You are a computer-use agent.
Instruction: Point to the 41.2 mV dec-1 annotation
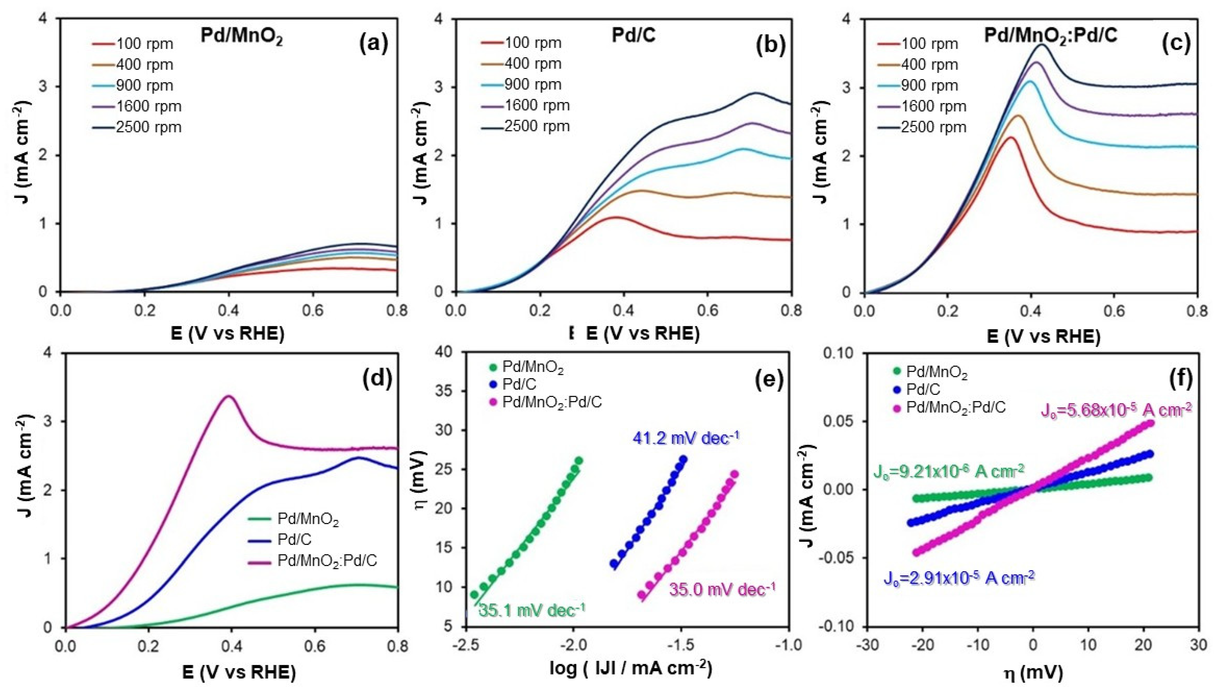pyautogui.click(x=686, y=437)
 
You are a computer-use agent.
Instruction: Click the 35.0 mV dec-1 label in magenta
pyautogui.click(x=722, y=590)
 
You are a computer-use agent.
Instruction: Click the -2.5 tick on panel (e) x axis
pyautogui.click(x=466, y=645)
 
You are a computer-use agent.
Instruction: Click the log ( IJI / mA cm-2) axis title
pyautogui.click(x=631, y=668)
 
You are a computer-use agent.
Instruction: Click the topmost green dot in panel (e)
pyautogui.click(x=579, y=460)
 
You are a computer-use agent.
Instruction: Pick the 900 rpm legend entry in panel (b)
pyautogui.click(x=533, y=84)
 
